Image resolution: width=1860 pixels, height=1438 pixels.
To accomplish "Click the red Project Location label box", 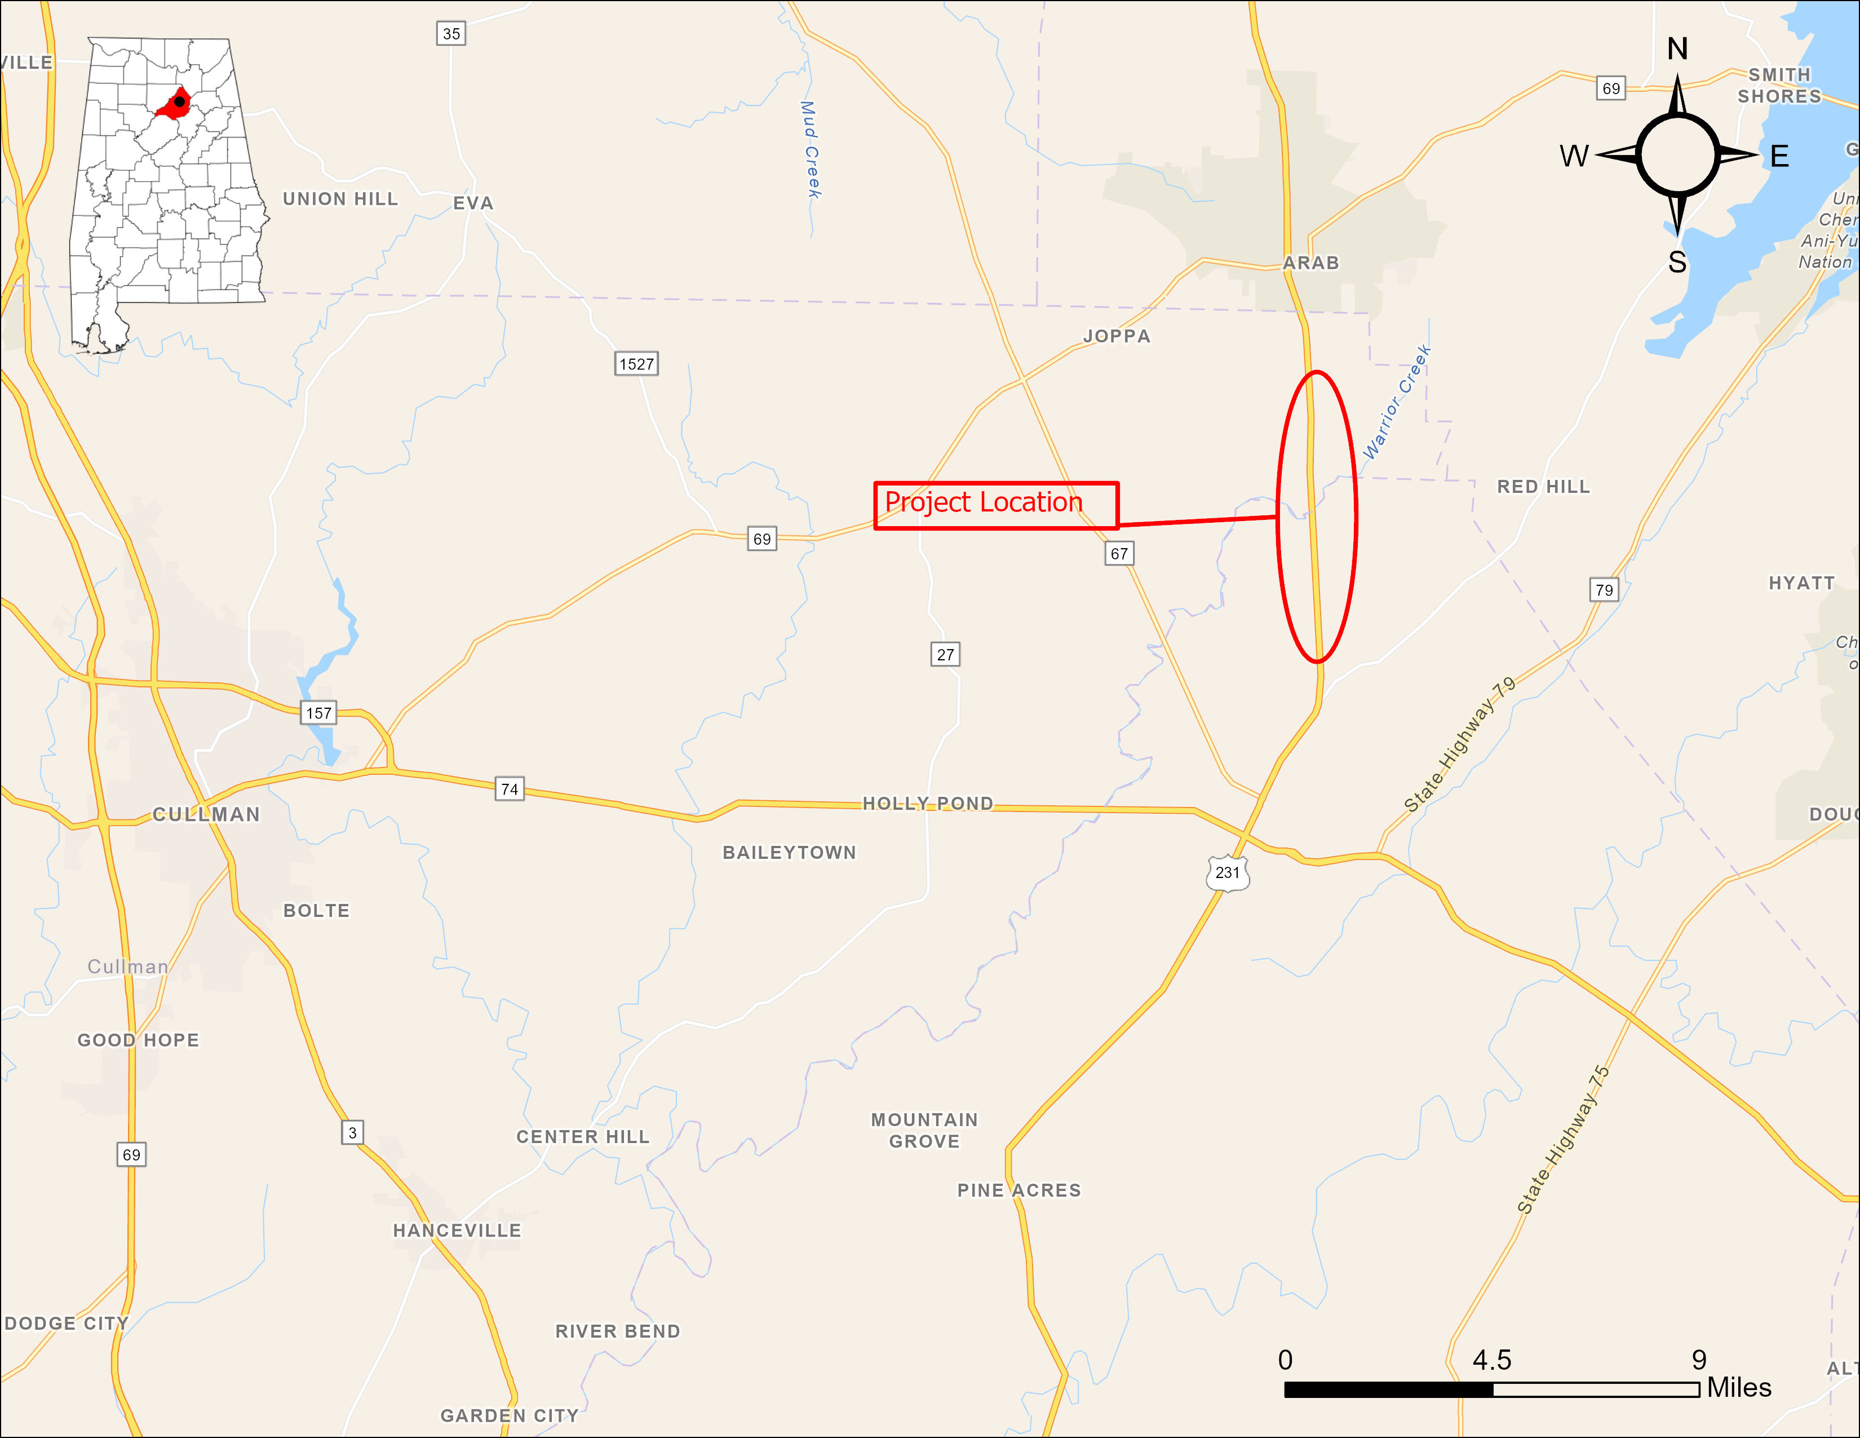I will pyautogui.click(x=995, y=505).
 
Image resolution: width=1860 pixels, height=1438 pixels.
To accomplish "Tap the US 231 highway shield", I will pyautogui.click(x=1227, y=872).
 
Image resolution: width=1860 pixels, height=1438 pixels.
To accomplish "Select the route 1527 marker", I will pyautogui.click(x=636, y=364).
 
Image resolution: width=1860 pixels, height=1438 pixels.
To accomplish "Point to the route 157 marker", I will pyautogui.click(x=318, y=712).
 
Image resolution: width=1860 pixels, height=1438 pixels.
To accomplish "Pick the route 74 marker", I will pyautogui.click(x=510, y=789).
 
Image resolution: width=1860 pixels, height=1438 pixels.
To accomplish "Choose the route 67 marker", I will pyautogui.click(x=1119, y=554).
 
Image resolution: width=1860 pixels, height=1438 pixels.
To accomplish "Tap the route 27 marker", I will pyautogui.click(x=945, y=654).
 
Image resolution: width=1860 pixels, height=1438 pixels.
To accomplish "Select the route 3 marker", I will pyautogui.click(x=352, y=1132).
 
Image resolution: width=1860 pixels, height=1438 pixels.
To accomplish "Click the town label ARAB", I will pyautogui.click(x=1310, y=263).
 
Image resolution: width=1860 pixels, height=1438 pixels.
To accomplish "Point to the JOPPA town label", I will pyautogui.click(x=1117, y=337).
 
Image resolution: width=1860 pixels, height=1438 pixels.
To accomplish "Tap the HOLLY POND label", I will pyautogui.click(x=927, y=804).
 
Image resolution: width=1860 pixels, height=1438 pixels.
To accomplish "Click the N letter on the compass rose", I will pyautogui.click(x=1677, y=50).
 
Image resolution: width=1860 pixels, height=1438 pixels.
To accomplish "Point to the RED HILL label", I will pyautogui.click(x=1543, y=487).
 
